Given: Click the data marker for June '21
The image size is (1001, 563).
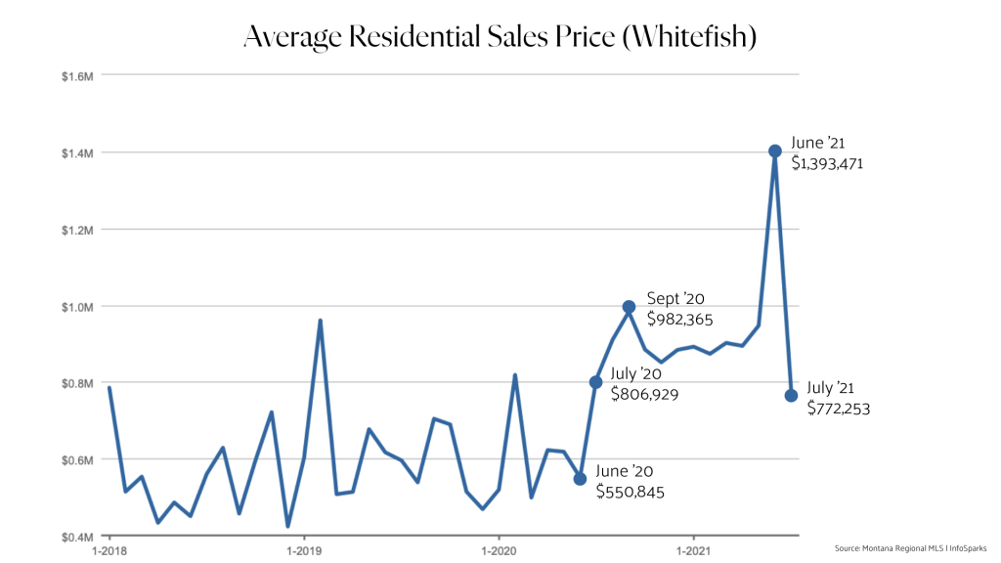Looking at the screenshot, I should pyautogui.click(x=774, y=151).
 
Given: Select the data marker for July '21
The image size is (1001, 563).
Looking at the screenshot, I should pyautogui.click(x=791, y=395).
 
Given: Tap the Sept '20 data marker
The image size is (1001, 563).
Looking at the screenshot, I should pyautogui.click(x=629, y=307).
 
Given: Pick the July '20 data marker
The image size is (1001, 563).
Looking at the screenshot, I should pyautogui.click(x=595, y=381).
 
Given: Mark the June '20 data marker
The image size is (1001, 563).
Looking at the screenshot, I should pyautogui.click(x=580, y=479).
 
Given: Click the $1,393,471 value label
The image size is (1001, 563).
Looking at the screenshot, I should pyautogui.click(x=827, y=164).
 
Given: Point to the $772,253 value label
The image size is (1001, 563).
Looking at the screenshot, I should pyautogui.click(x=838, y=409).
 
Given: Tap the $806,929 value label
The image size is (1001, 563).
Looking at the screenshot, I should pyautogui.click(x=644, y=395).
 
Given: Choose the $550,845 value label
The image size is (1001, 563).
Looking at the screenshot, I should pyautogui.click(x=631, y=493).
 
